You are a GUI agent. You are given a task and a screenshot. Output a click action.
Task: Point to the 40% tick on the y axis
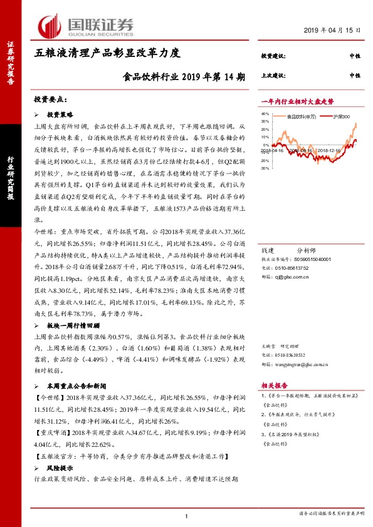pos(264,115)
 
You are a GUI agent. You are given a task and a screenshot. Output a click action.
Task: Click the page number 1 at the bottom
pos(187,516)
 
